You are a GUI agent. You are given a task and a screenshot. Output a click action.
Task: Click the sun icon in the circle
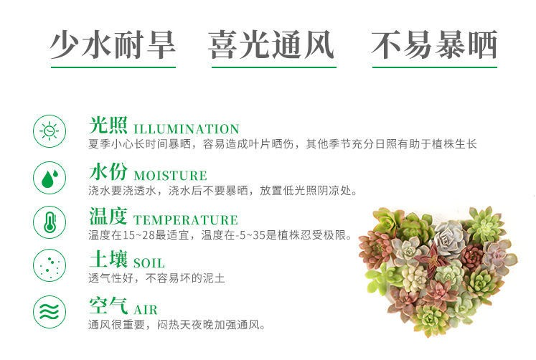point(50,131)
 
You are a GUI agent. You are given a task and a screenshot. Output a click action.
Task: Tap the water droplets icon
point(50,178)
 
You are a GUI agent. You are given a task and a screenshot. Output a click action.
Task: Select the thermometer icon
point(50,222)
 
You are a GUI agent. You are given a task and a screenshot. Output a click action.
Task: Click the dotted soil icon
point(50,265)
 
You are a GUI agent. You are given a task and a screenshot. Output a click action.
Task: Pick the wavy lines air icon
point(50,312)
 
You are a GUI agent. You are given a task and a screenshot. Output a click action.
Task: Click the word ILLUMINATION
point(187,129)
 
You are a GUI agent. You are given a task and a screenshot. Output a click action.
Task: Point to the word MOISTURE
point(170,176)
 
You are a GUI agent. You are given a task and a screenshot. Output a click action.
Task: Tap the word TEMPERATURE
point(186,220)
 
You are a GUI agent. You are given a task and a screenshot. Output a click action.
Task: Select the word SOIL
point(149,263)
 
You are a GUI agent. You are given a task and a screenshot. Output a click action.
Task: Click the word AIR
point(146,310)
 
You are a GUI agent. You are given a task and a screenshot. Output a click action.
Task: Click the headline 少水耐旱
point(113,44)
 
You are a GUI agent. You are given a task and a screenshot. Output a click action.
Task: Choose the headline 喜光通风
point(271,44)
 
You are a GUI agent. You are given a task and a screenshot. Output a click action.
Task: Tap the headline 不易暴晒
point(434,44)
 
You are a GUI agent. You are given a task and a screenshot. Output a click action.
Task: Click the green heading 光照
point(108,125)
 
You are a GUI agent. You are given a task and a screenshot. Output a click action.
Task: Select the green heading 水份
point(108,171)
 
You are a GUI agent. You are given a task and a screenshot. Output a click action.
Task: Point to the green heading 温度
point(108,216)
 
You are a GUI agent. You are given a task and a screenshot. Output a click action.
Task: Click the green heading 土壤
point(108,259)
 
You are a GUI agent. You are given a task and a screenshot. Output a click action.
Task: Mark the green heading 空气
point(108,305)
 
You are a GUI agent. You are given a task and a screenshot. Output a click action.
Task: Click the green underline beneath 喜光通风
point(274,67)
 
